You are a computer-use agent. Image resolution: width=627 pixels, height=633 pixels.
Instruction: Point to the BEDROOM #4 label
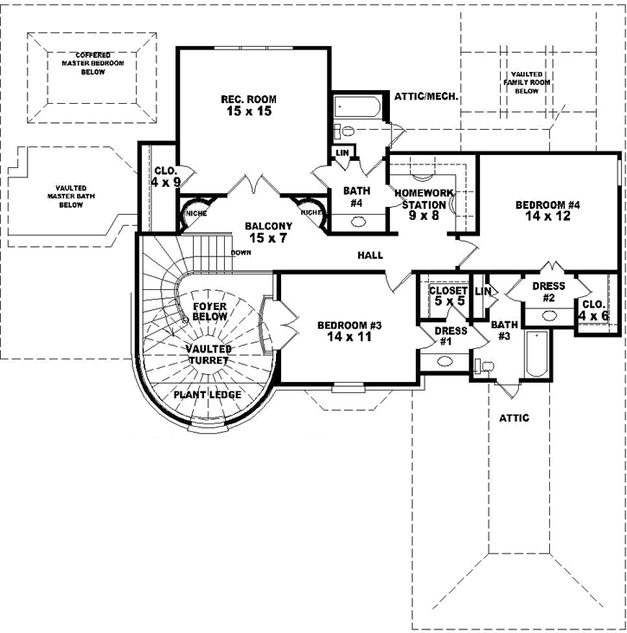pyautogui.click(x=547, y=211)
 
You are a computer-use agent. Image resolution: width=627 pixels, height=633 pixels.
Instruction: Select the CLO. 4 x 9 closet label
pyautogui.click(x=165, y=177)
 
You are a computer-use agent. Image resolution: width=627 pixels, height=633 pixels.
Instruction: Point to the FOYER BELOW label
pyautogui.click(x=209, y=312)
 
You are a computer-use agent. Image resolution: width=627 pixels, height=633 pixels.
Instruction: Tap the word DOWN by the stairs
pyautogui.click(x=241, y=253)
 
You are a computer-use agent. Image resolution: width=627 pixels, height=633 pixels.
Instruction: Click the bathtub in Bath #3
pyautogui.click(x=535, y=358)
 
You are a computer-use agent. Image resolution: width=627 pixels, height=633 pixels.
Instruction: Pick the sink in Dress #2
pyautogui.click(x=548, y=313)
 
